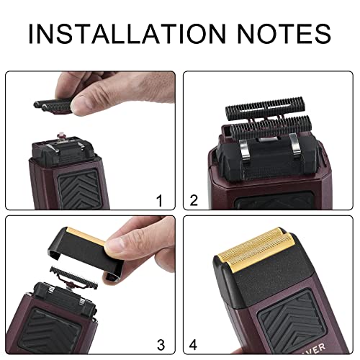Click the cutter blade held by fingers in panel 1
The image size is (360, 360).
(60, 105)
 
